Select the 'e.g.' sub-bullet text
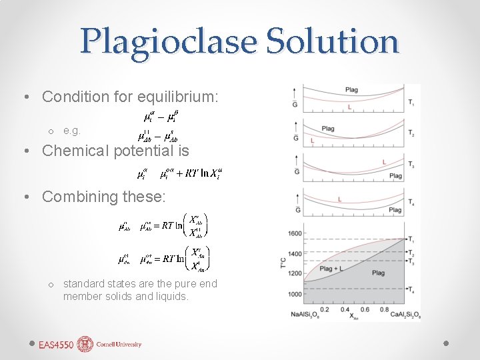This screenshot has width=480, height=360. click(x=71, y=131)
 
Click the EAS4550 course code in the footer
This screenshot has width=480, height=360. click(x=56, y=345)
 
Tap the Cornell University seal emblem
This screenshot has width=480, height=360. click(x=85, y=344)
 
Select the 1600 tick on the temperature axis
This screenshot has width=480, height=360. click(x=294, y=233)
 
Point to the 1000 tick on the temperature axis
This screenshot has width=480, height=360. click(x=294, y=294)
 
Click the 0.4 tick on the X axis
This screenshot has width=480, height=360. click(x=345, y=309)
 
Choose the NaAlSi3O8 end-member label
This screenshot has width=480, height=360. click(x=305, y=315)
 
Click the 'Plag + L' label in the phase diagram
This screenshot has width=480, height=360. click(x=331, y=269)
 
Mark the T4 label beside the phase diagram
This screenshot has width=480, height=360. click(x=413, y=290)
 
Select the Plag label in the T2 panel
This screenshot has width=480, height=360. click(x=328, y=129)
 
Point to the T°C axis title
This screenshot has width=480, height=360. click(x=283, y=264)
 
